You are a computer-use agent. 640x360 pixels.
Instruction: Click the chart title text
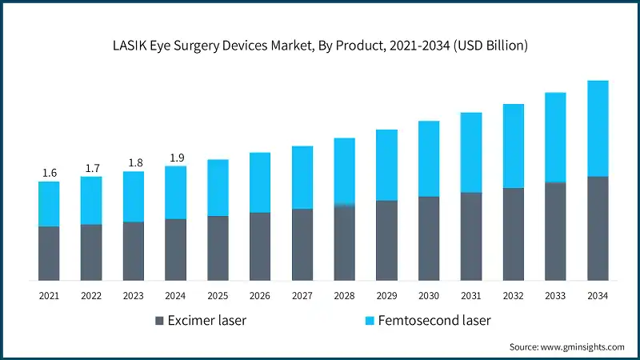pos(320,46)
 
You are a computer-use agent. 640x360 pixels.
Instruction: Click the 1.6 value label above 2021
pos(49,173)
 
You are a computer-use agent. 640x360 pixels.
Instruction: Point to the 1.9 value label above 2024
pos(175,158)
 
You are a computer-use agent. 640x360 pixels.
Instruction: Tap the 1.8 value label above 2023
pos(134,163)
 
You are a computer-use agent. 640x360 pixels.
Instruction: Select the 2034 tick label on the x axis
pos(598,296)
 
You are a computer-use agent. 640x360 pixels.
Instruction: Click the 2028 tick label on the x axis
pos(344,296)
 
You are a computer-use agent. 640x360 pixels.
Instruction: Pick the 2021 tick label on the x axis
pos(49,296)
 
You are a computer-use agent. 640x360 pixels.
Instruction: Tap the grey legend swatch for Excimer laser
pos(159,321)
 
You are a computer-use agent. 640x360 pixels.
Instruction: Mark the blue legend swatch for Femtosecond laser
pos(370,321)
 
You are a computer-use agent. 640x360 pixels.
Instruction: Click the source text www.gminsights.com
pos(566,346)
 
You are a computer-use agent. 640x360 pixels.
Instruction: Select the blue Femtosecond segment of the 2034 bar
pos(598,128)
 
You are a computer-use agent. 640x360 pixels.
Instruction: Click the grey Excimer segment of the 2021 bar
pos(49,253)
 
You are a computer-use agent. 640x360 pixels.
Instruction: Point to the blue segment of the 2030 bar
pos(429,158)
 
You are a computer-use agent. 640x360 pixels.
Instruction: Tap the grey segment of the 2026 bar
pos(260,246)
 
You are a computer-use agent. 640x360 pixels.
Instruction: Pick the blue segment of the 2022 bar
pos(91,200)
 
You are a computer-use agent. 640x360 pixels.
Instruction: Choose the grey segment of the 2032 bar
pos(513,234)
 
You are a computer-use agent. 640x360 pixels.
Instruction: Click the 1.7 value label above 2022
pos(91,168)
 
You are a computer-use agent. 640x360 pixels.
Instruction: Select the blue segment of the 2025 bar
pos(218,187)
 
